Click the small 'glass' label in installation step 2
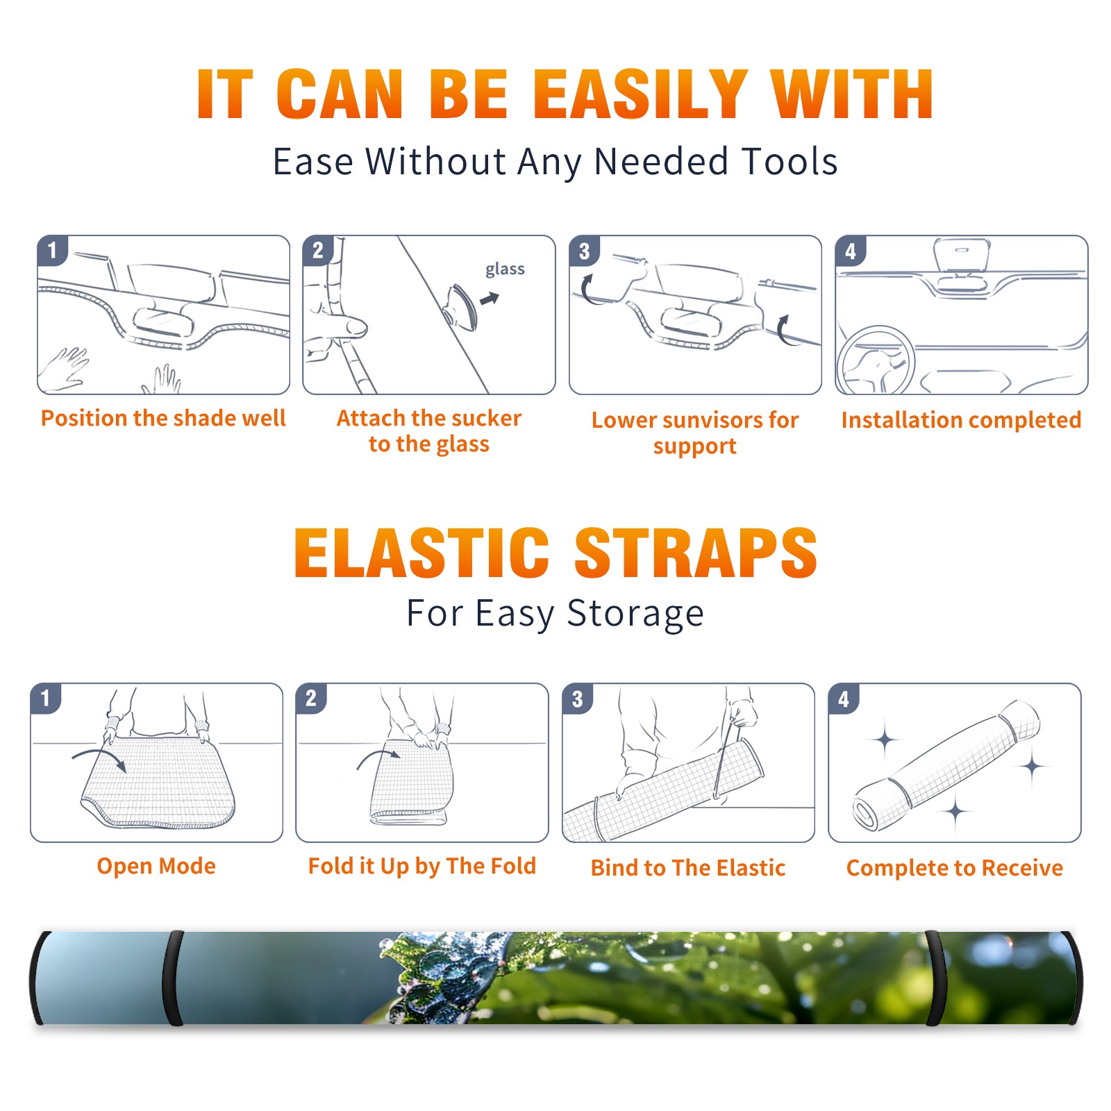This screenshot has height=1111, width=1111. click(x=505, y=269)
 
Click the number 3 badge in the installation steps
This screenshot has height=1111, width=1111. click(x=584, y=251)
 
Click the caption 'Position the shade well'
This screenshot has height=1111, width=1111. click(x=163, y=418)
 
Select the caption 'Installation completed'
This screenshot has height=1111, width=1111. click(x=961, y=419)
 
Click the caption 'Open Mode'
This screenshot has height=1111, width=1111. click(x=156, y=866)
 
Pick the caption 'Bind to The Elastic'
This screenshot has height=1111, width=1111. click(x=688, y=868)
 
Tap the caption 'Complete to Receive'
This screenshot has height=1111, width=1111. click(x=955, y=868)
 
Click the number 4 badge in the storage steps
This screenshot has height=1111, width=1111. click(x=844, y=699)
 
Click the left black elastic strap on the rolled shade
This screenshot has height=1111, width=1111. click(x=173, y=978)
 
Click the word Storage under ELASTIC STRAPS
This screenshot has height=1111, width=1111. click(x=636, y=615)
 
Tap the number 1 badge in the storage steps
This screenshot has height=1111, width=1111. click(x=46, y=699)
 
